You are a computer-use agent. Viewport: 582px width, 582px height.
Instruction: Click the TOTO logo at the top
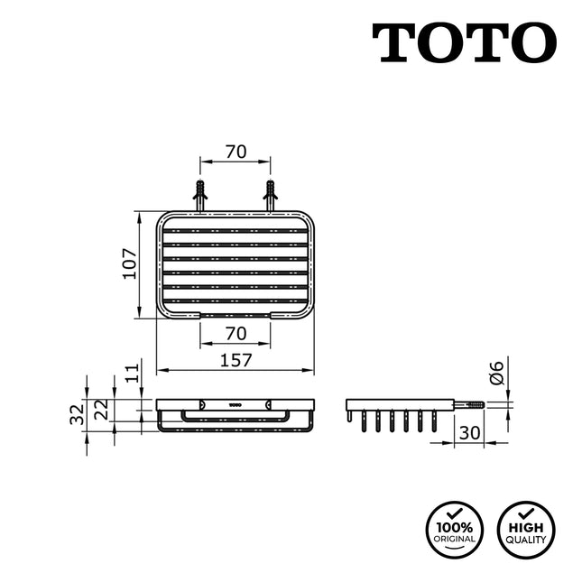coord(464,42)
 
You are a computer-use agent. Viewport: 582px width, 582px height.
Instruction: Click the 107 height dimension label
coord(128,265)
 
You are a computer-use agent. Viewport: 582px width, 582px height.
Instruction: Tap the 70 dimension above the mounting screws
coord(235,152)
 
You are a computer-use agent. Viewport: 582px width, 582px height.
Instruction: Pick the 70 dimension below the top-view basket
coord(235,333)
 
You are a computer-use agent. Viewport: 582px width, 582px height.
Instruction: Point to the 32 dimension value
coord(77,414)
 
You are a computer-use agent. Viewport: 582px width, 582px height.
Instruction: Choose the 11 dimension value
coord(132,372)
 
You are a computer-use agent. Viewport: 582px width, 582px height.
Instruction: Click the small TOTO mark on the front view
coord(235,404)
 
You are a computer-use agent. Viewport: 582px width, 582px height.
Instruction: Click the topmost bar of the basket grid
coord(235,230)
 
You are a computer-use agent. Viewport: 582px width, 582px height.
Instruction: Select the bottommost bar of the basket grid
coord(235,300)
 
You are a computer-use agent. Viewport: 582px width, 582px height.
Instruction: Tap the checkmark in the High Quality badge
coord(525,513)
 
